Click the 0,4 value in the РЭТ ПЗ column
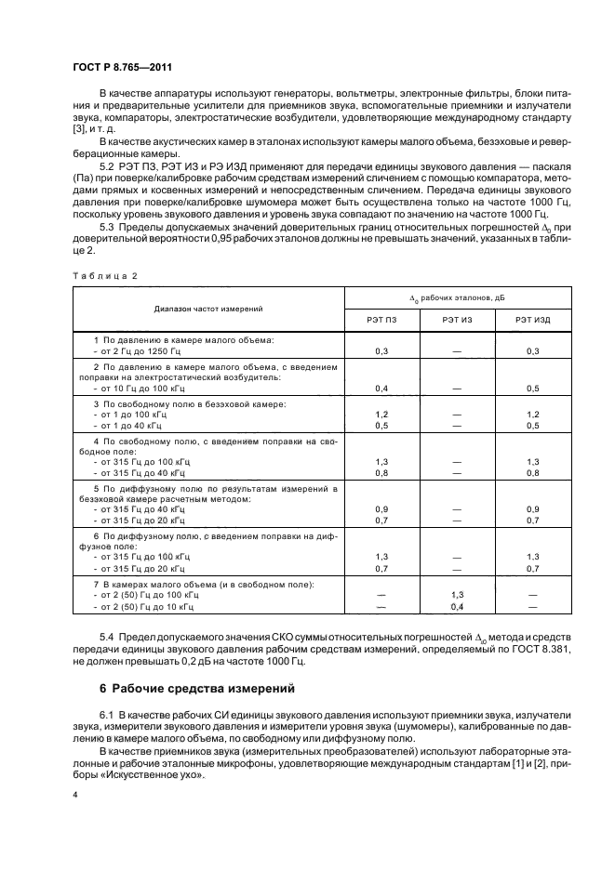click(x=381, y=388)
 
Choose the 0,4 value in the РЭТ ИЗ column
click(x=457, y=605)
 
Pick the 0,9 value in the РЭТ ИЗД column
click(x=532, y=508)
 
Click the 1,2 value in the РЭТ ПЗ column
click(x=381, y=414)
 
